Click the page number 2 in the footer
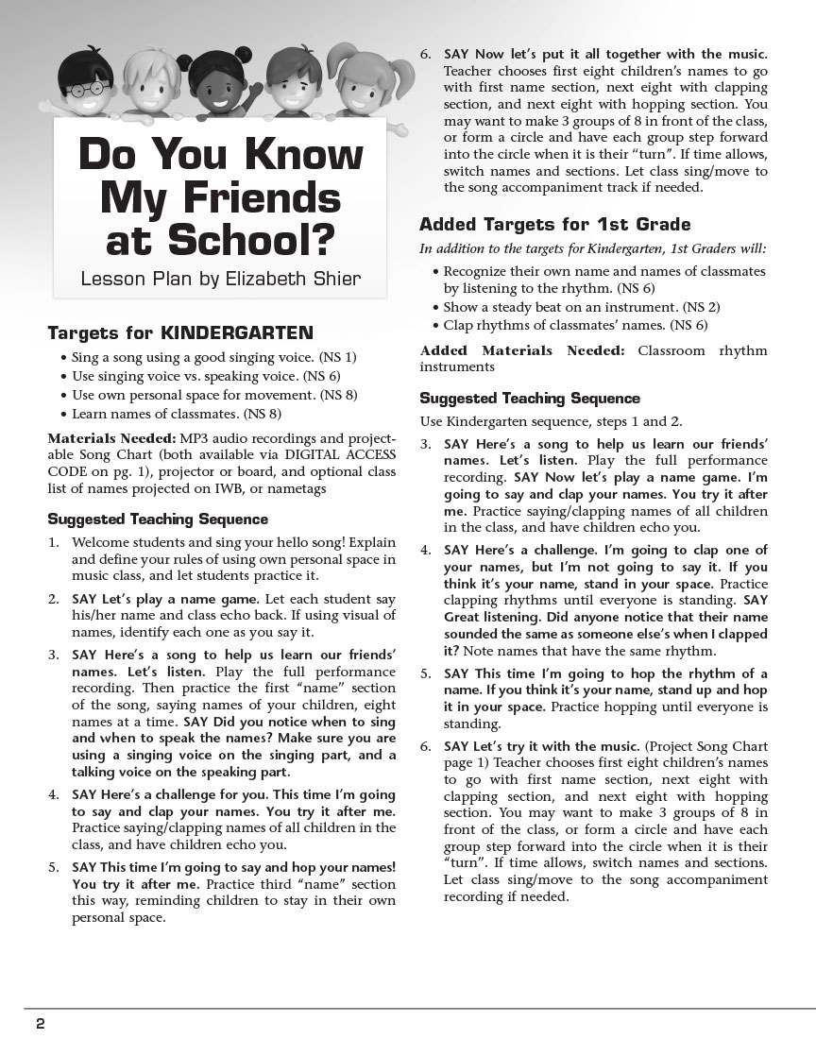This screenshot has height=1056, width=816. pyautogui.click(x=41, y=1025)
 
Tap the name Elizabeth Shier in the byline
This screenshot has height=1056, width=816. pyautogui.click(x=292, y=279)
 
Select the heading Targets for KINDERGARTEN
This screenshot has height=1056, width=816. pyautogui.click(x=180, y=333)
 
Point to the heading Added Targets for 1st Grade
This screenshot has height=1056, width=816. pyautogui.click(x=554, y=225)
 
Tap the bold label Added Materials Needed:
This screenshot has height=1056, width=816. pyautogui.click(x=522, y=350)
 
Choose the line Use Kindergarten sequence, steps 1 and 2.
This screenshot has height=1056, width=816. pyautogui.click(x=551, y=421)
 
